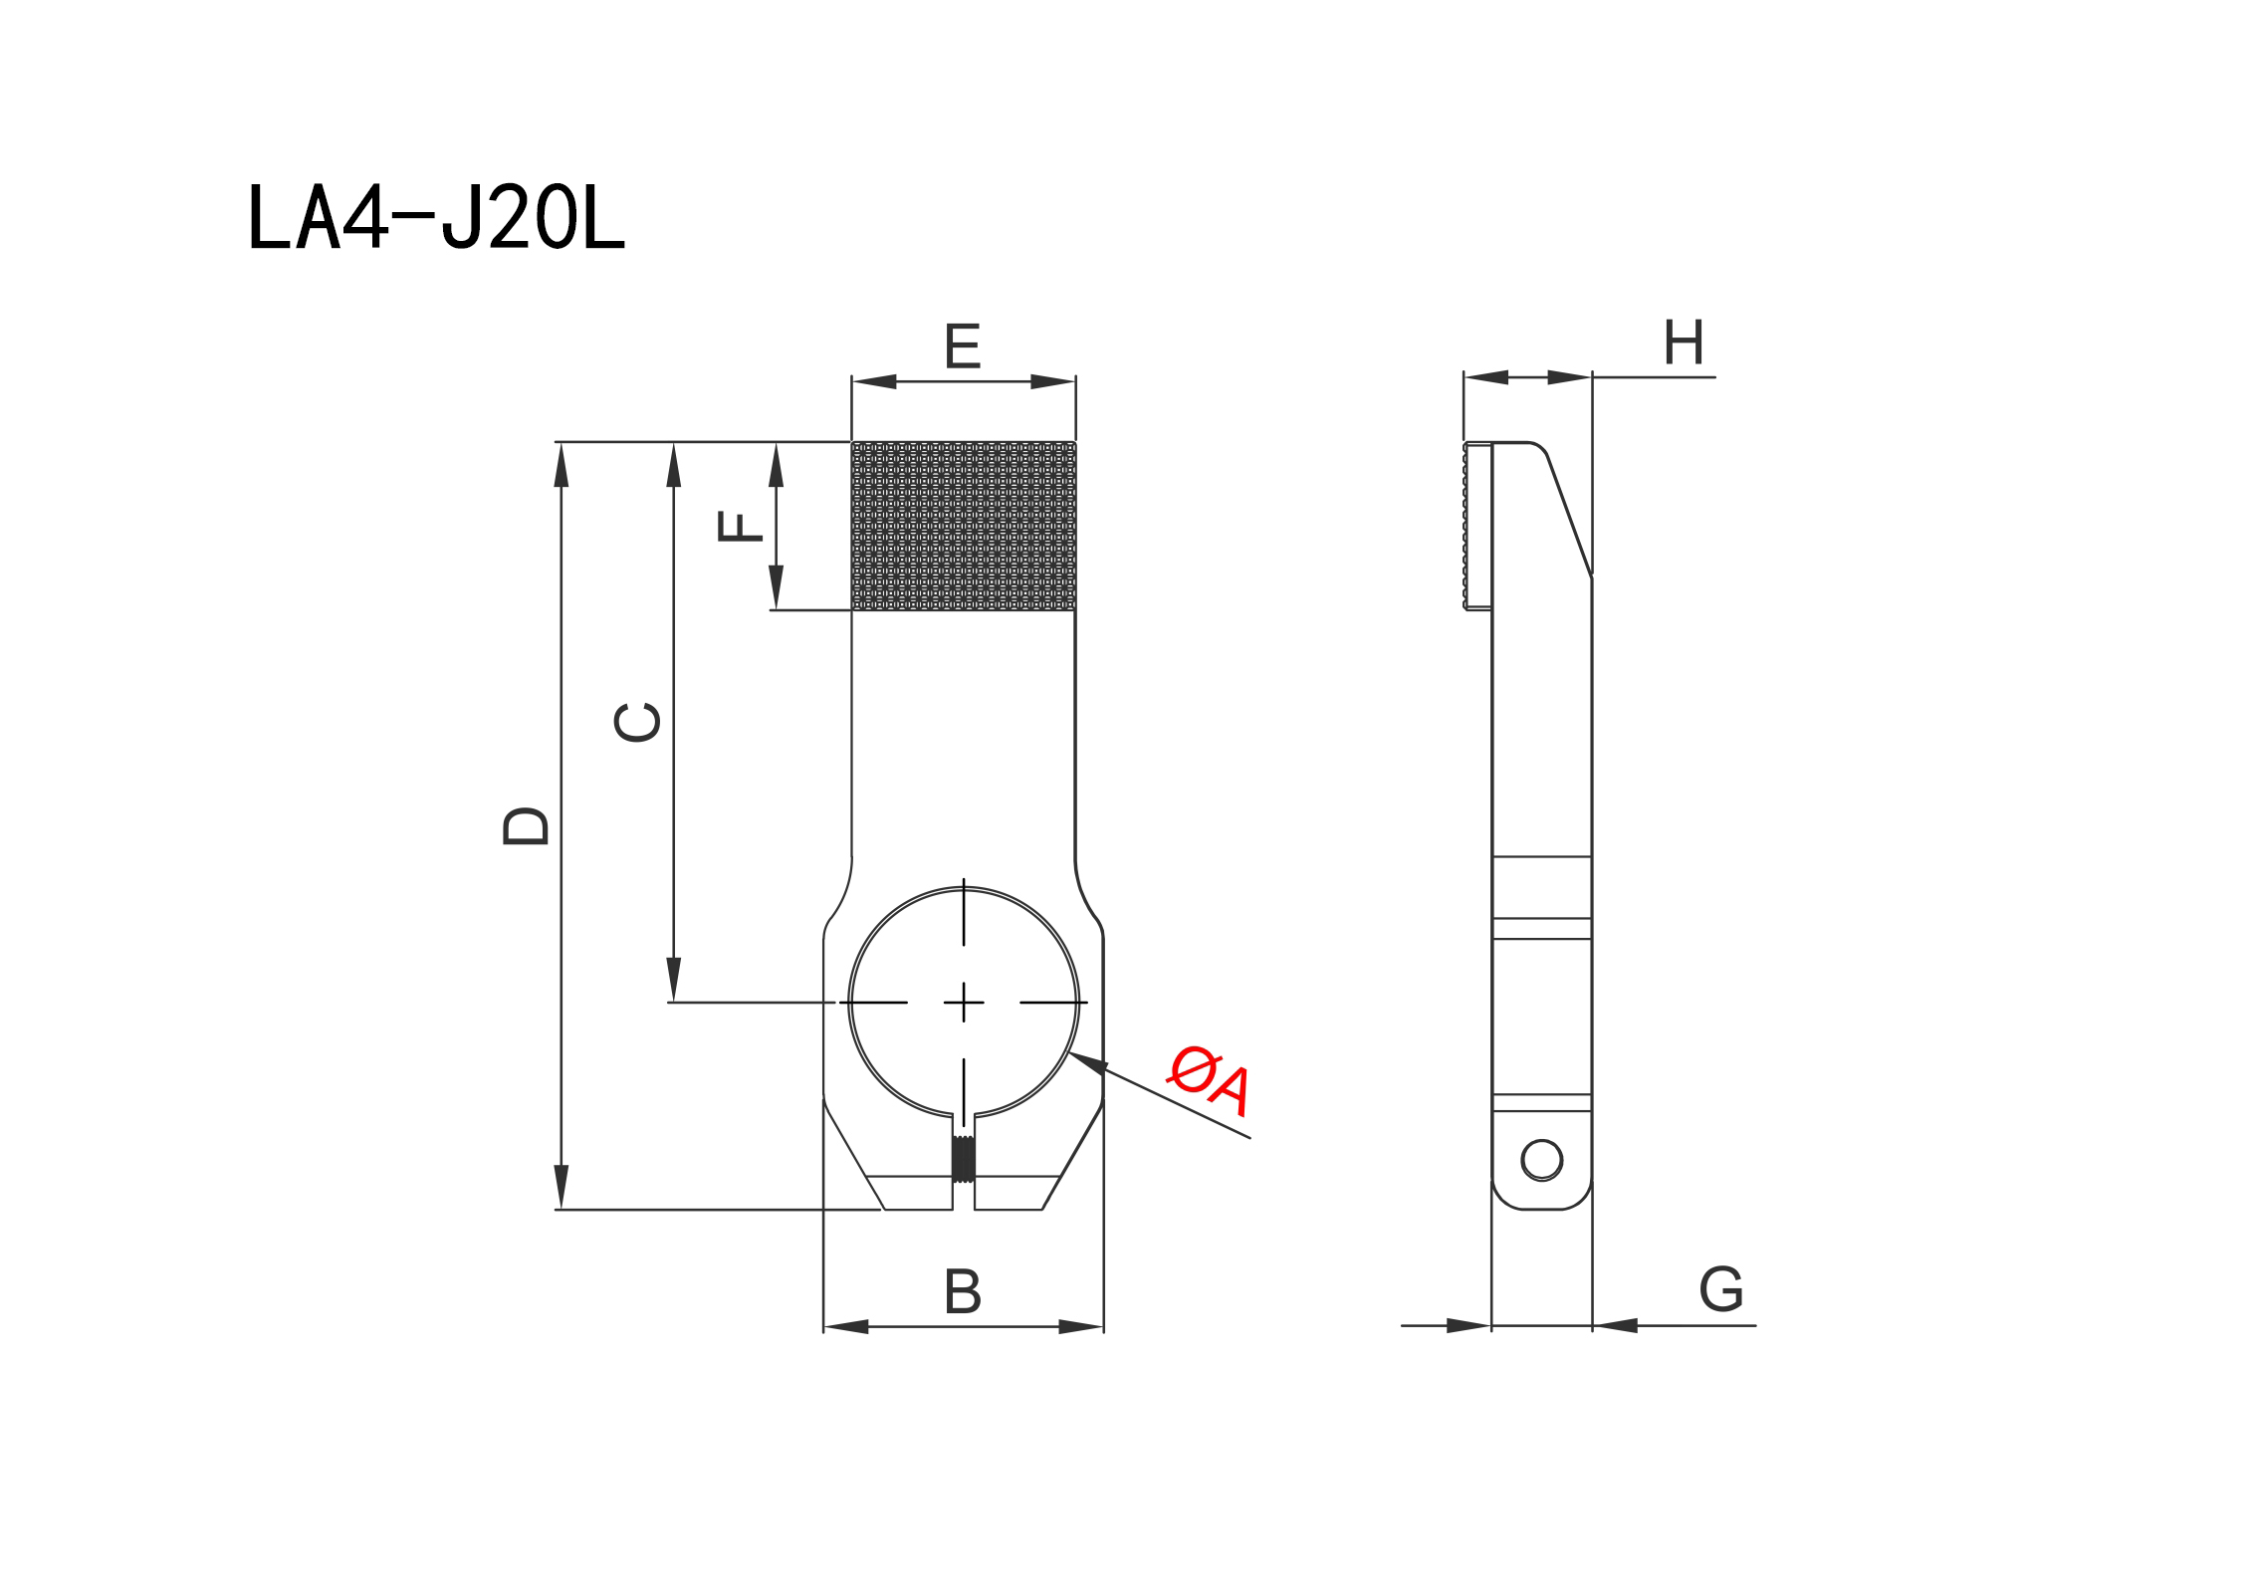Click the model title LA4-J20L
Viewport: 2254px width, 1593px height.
pyautogui.click(x=436, y=216)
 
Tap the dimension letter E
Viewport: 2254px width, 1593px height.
pyautogui.click(x=963, y=345)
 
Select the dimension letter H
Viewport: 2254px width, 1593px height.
pyautogui.click(x=1684, y=342)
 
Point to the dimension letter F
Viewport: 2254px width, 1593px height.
pyautogui.click(x=740, y=526)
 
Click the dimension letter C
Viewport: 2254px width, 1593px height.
pyautogui.click(x=637, y=723)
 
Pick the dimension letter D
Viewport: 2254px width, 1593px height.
pyautogui.click(x=526, y=826)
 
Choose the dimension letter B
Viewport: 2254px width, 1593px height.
pyautogui.click(x=963, y=1291)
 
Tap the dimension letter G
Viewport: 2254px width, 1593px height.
pyautogui.click(x=1721, y=1289)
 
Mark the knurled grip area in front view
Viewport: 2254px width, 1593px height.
pyautogui.click(x=964, y=526)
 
